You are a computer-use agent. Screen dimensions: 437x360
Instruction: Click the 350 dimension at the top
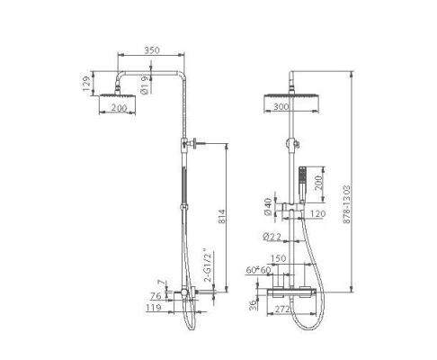click(152, 50)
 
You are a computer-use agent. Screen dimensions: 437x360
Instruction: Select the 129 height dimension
click(86, 84)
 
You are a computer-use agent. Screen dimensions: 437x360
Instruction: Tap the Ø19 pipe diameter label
click(144, 85)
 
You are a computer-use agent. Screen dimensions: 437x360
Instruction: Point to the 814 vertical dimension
click(221, 217)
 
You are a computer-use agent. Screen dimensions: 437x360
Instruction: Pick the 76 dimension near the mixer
click(156, 296)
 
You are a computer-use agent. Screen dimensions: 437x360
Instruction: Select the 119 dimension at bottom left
click(154, 308)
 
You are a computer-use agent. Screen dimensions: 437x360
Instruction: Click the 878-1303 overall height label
click(346, 204)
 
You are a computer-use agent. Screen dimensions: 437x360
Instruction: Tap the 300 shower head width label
click(281, 106)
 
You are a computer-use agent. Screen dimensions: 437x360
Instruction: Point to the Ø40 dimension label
click(268, 207)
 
